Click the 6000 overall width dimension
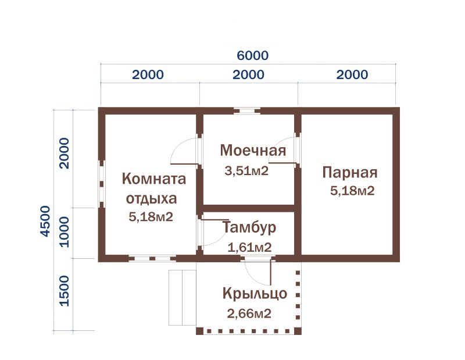[x=253, y=55]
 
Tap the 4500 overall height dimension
[x=45, y=221]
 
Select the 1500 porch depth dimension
[x=65, y=291]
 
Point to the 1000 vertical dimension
[x=65, y=232]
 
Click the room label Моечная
[x=253, y=150]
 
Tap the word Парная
[x=350, y=172]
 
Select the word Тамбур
[x=249, y=227]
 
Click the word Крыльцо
[x=255, y=294]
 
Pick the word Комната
[x=154, y=179]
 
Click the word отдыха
[x=152, y=199]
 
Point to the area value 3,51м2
[x=246, y=171]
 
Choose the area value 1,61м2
[x=249, y=247]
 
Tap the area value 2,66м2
[x=249, y=313]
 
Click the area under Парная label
[x=352, y=191]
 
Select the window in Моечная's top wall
[x=247, y=111]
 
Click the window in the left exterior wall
[x=102, y=184]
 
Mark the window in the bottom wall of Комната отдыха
[x=152, y=258]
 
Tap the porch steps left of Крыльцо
[x=183, y=298]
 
